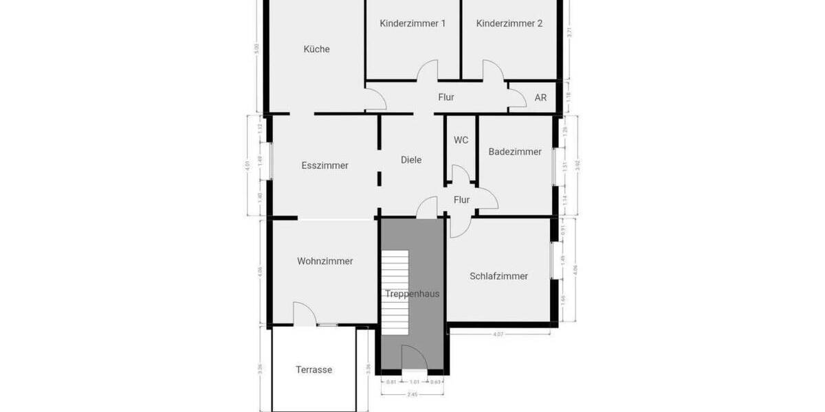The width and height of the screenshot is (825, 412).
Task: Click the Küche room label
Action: point(317,49)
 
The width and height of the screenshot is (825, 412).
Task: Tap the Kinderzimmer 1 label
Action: point(412,23)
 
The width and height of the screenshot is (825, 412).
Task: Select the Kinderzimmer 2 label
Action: point(509,23)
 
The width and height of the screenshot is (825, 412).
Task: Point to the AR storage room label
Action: point(540,98)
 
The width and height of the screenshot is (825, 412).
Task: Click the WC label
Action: point(461,140)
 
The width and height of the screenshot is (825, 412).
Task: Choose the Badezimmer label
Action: point(515,152)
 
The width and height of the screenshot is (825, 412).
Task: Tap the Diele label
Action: point(411,159)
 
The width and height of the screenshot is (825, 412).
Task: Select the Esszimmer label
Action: point(324,165)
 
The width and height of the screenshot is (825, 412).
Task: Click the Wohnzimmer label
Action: point(324,261)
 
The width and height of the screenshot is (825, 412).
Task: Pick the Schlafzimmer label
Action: point(498,276)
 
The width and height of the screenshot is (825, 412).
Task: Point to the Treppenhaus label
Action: point(412,294)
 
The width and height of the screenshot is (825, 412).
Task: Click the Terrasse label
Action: point(313,369)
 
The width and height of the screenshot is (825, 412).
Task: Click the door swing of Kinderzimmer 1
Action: point(428,71)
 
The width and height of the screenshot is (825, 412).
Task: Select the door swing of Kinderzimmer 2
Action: point(493,71)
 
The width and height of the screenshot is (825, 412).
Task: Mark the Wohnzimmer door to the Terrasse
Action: point(305,314)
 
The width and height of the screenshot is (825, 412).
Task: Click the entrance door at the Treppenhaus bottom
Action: point(414,360)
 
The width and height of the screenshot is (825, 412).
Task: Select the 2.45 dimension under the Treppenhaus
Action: point(411,394)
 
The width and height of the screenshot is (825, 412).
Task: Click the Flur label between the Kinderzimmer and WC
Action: point(446,98)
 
